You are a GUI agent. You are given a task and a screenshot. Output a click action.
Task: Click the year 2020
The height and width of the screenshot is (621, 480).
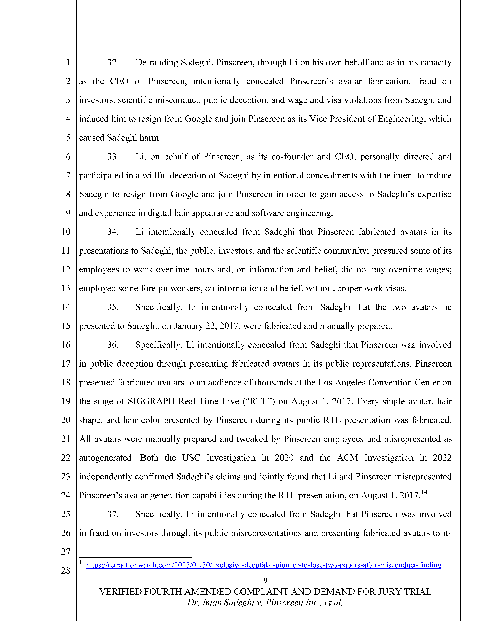coord(284,458)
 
